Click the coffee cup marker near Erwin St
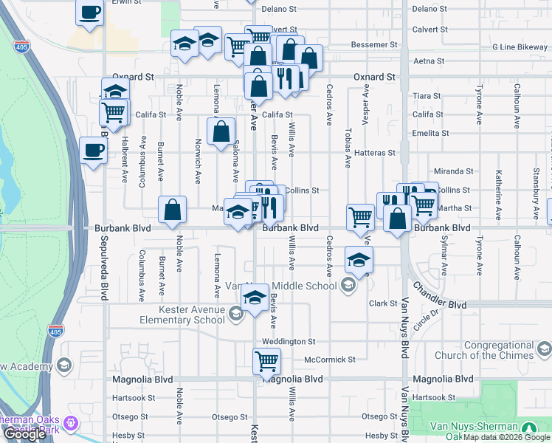click(89, 13)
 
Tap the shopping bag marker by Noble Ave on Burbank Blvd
click(172, 210)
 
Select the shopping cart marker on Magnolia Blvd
click(266, 362)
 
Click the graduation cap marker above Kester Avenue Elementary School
click(255, 298)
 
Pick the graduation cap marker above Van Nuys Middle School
click(359, 260)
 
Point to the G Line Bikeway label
click(520, 47)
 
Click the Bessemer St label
click(374, 45)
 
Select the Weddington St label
click(289, 342)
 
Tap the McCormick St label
click(330, 360)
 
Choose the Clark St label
click(384, 303)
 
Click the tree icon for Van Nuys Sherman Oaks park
click(529, 427)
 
